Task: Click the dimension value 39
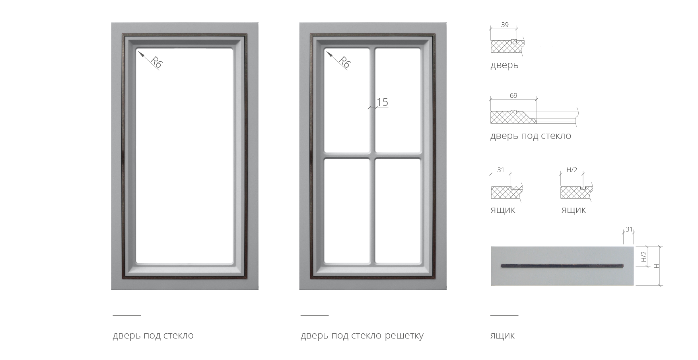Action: pyautogui.click(x=504, y=25)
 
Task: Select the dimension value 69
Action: pyautogui.click(x=513, y=95)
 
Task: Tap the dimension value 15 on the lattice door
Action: pyautogui.click(x=382, y=103)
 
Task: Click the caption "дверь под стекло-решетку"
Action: pyautogui.click(x=362, y=335)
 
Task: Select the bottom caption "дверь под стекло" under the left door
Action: pyautogui.click(x=153, y=335)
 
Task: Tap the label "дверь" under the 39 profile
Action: pyautogui.click(x=504, y=65)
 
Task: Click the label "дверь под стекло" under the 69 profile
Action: pyautogui.click(x=531, y=136)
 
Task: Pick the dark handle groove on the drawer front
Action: pyautogui.click(x=562, y=265)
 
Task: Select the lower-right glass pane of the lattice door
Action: pyautogui.click(x=398, y=211)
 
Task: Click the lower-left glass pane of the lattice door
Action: pyautogui.click(x=347, y=211)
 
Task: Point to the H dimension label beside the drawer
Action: pyautogui.click(x=657, y=266)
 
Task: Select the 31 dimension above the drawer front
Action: pyautogui.click(x=629, y=229)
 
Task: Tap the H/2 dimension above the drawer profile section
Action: pyautogui.click(x=572, y=170)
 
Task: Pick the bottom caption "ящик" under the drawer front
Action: pyautogui.click(x=502, y=335)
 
